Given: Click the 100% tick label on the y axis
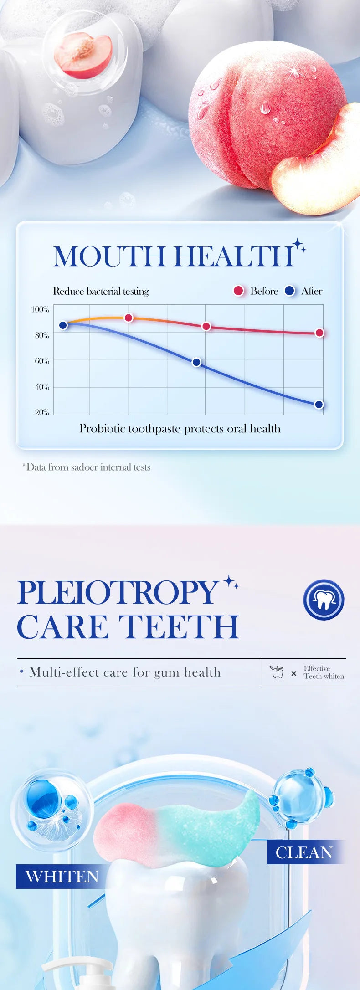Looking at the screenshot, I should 40,309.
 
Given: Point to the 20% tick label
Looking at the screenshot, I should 41,412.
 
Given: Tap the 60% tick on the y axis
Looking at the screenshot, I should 41,361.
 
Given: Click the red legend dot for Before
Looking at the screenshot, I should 238,291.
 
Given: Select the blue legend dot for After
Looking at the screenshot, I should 289,291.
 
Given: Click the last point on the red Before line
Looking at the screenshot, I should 319,333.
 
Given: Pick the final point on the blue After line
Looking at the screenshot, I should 319,404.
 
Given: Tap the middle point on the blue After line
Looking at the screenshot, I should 196,362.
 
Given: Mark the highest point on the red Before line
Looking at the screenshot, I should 129,318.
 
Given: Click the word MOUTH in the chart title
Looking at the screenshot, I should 109,256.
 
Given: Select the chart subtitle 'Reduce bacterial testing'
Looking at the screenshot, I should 101,291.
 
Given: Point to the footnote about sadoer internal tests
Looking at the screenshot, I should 86,467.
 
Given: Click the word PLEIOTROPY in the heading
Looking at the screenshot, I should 118,592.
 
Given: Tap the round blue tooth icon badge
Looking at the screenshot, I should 324,600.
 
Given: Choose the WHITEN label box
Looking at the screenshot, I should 62,876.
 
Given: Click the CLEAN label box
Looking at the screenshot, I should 304,852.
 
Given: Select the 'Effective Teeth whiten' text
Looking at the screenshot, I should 324,672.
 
